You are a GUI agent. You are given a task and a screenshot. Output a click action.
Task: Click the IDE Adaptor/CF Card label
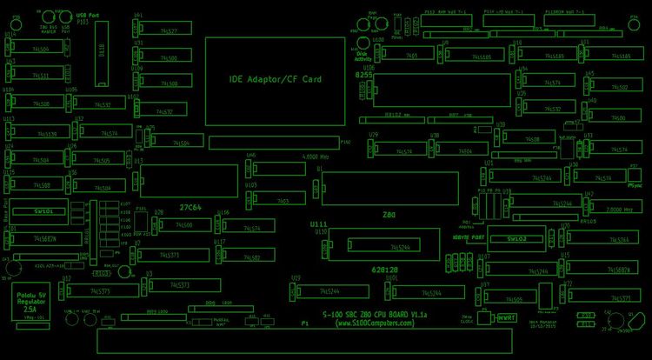(276, 79)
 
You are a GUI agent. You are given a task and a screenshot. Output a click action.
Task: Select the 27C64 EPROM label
(190, 208)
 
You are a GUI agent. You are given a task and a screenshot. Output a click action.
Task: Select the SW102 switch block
(517, 238)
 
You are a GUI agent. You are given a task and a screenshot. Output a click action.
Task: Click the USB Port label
(87, 16)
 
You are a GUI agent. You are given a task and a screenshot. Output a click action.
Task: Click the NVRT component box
(507, 317)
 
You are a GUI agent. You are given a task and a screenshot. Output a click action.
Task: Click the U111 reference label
(318, 223)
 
